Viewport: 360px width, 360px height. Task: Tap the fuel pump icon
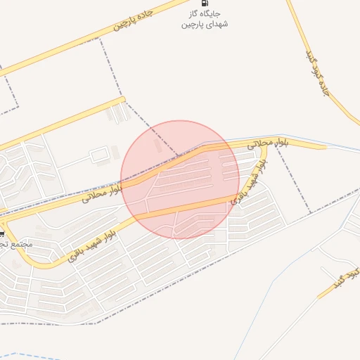pos(204,3)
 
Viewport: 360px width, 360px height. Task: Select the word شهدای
pos(216,25)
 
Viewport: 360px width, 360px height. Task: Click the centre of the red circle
pos(180,179)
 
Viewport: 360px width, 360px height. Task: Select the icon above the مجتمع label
pos(2,233)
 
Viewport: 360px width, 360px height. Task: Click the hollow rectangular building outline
pos(101,153)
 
